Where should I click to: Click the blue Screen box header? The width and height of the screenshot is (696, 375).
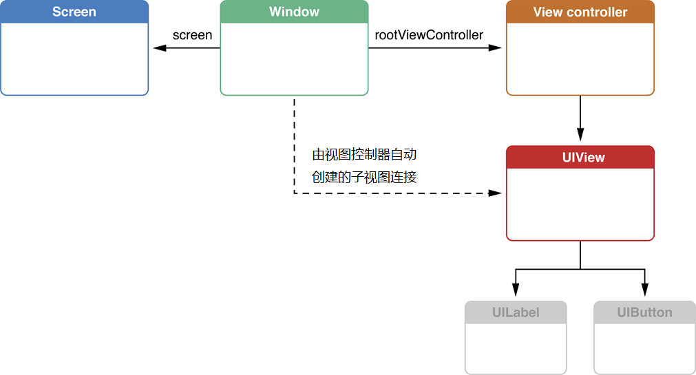click(74, 12)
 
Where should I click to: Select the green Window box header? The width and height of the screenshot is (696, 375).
click(294, 12)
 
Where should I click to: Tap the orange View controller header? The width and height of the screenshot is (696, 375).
click(580, 12)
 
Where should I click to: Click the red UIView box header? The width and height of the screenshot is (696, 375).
click(580, 158)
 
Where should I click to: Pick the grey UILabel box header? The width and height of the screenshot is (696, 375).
click(516, 312)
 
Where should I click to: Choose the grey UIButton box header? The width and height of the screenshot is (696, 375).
click(644, 312)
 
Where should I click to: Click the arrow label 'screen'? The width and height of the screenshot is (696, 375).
click(192, 35)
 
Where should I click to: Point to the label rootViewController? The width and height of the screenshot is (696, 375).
click(429, 35)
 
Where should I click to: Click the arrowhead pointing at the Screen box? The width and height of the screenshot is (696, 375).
click(159, 48)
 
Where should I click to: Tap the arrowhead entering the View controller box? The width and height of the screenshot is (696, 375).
click(497, 48)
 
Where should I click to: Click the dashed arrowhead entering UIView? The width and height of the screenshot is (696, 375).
click(497, 193)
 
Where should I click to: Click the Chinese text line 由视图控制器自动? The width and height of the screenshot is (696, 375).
click(364, 154)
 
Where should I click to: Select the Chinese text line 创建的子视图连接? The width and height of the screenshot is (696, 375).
click(364, 177)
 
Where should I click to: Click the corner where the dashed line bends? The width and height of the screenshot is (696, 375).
click(295, 193)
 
